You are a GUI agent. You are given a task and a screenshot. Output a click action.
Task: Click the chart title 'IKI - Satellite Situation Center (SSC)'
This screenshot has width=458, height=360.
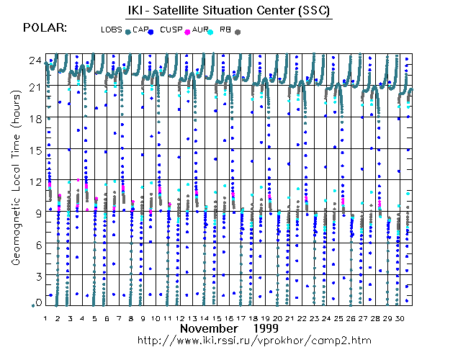(223, 12)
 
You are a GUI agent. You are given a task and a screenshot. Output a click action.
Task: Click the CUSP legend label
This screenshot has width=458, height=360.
(171, 30)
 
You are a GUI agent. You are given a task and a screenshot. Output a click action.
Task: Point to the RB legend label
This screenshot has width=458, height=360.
(225, 30)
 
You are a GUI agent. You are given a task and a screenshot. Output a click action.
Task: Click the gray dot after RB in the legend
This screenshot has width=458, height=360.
(238, 32)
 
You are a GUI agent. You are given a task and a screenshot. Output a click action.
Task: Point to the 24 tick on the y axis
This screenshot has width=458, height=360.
(33, 60)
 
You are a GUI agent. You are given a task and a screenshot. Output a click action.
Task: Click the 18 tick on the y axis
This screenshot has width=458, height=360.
(33, 117)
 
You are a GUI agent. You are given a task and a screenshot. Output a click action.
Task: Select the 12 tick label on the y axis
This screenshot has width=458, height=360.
(33, 181)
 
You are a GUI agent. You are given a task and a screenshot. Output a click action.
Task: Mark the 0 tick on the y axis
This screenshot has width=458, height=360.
(36, 302)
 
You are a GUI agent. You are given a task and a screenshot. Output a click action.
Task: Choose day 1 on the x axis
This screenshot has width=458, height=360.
(45, 318)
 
